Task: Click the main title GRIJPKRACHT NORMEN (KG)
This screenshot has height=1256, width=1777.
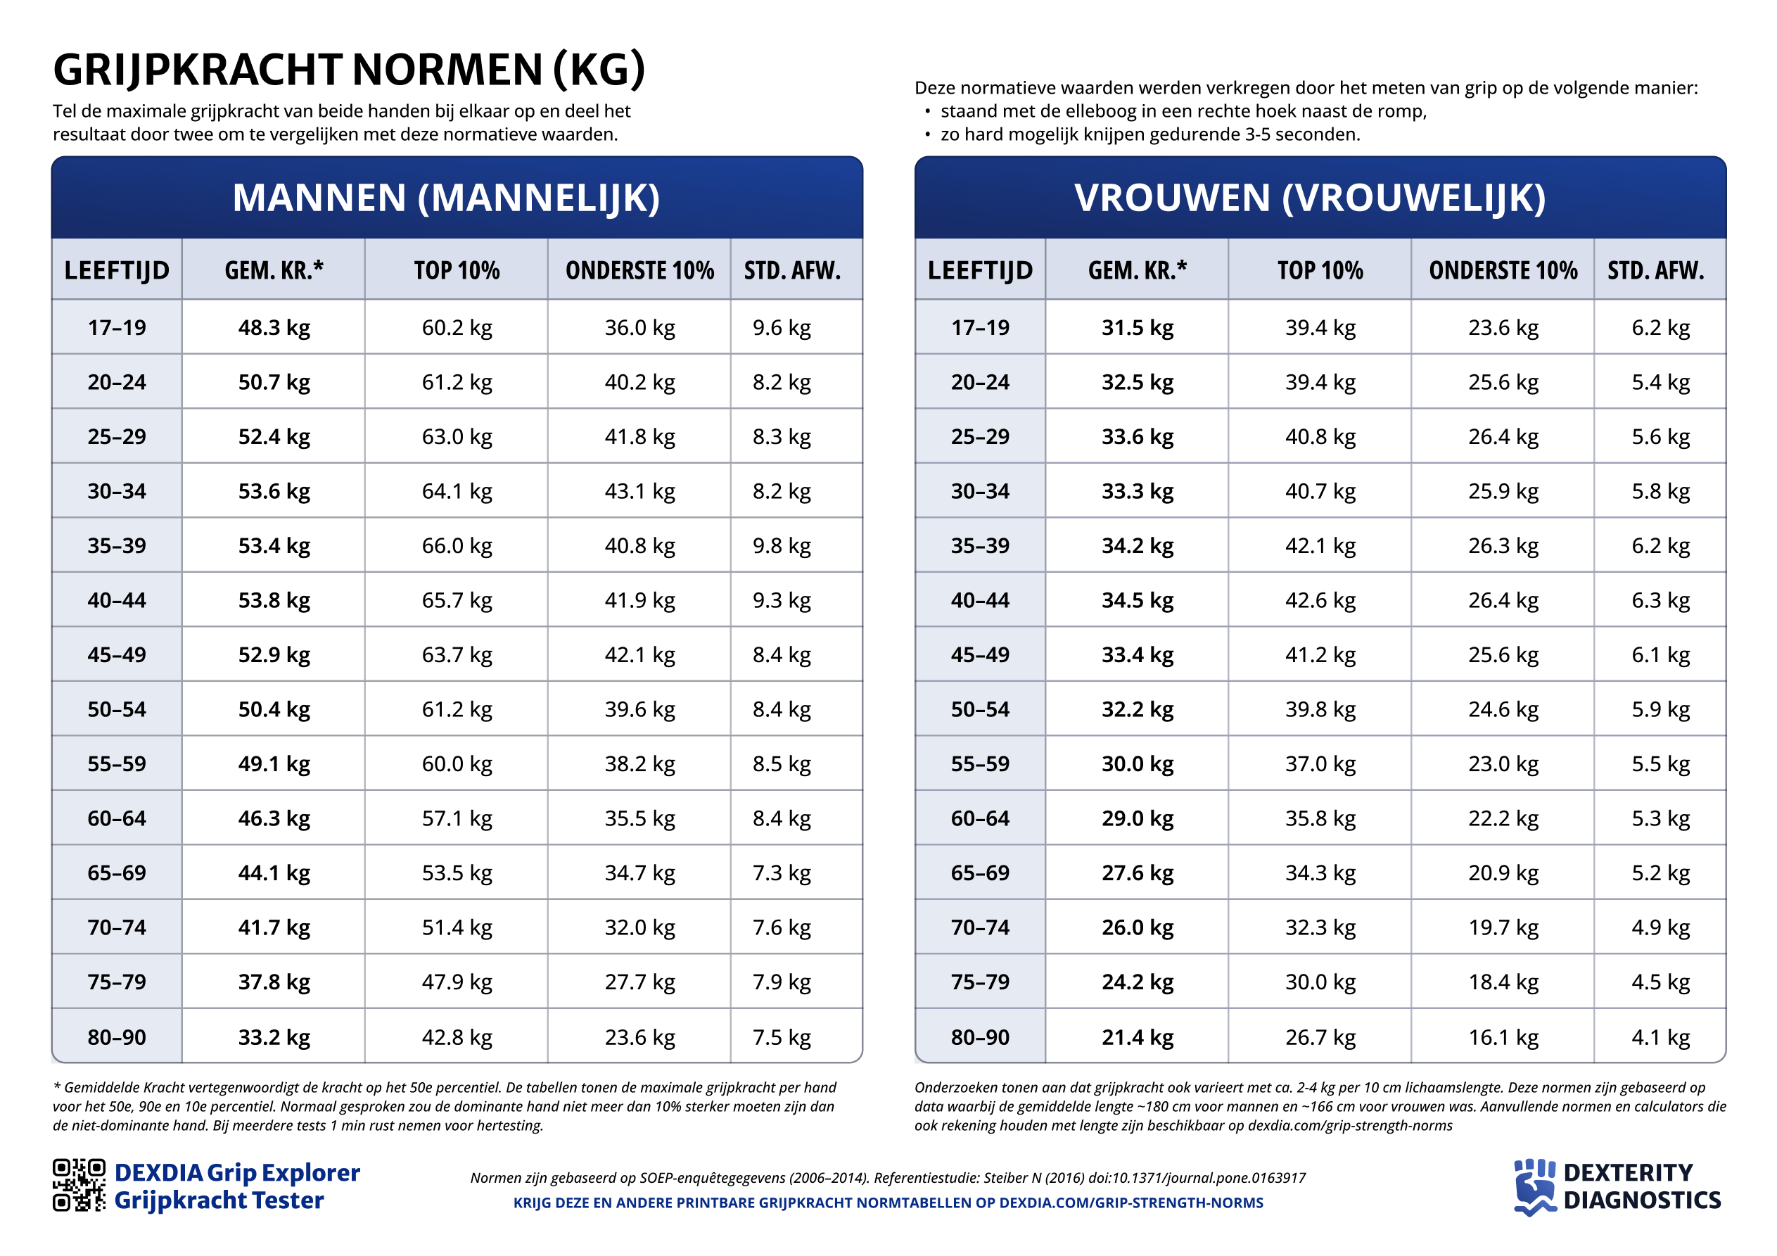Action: coord(348,70)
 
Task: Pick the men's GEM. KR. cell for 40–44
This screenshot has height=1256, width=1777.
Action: coord(274,600)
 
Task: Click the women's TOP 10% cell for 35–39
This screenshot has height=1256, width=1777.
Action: coord(1320,546)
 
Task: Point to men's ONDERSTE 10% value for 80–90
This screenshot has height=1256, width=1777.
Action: coord(639,1037)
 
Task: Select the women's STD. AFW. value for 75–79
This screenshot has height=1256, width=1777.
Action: coord(1660,982)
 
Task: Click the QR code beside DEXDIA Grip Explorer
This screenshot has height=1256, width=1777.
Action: coord(79,1185)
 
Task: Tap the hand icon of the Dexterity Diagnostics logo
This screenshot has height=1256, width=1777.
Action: coord(1534,1186)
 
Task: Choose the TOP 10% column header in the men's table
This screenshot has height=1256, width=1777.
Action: coord(457,270)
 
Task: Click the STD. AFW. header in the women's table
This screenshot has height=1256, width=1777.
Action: coord(1655,270)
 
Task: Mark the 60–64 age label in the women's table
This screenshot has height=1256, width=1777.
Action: coord(980,818)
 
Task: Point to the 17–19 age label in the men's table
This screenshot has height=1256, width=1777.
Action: coord(117,328)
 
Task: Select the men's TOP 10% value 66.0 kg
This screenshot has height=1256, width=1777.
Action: coord(457,546)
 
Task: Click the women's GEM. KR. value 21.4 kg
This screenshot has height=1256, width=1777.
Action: coord(1137,1037)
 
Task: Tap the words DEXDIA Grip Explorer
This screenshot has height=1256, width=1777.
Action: coord(237,1172)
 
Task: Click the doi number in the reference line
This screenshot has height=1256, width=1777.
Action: coord(1196,1178)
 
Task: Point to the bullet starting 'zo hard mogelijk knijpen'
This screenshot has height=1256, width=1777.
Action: coord(1149,134)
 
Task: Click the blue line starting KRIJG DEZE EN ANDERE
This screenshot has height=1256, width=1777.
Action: coord(888,1203)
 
